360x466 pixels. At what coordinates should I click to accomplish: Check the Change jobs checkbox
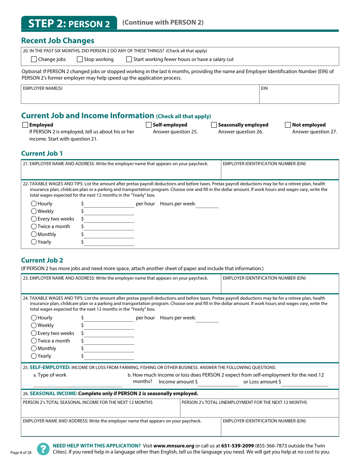click(34, 59)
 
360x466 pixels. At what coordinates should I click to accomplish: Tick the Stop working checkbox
click(80, 59)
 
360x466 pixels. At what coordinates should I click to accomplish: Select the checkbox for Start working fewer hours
click(129, 59)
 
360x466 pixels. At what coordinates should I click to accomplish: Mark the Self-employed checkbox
click(149, 125)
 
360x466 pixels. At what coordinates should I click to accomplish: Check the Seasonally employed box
click(214, 125)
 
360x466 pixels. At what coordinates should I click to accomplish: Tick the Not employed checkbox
click(288, 125)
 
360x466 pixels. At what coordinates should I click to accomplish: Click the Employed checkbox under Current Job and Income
click(25, 125)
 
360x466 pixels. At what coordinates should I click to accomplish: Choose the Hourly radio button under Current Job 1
click(34, 203)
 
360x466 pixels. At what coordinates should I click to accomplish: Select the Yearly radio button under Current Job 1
click(34, 242)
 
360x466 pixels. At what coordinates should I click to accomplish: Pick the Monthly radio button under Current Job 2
click(34, 348)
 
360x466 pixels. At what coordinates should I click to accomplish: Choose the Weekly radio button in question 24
click(34, 325)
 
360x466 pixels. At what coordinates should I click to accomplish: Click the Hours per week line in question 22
click(207, 205)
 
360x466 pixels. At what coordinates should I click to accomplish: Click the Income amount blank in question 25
click(218, 383)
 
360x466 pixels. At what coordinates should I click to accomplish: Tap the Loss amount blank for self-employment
click(305, 383)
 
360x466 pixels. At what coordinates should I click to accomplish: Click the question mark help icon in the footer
click(43, 449)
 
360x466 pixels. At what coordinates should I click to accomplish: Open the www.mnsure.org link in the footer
click(174, 446)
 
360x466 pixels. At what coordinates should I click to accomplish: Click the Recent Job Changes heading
click(58, 41)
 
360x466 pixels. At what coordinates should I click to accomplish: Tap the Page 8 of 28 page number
click(21, 452)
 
